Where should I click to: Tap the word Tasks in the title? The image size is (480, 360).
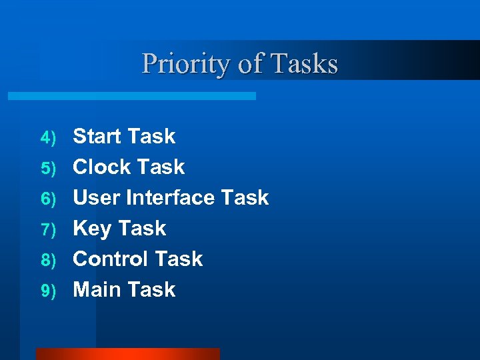pyautogui.click(x=304, y=65)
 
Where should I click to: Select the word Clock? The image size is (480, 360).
pyautogui.click(x=101, y=167)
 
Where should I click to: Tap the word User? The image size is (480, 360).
pyautogui.click(x=97, y=198)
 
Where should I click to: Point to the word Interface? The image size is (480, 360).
pyautogui.click(x=171, y=198)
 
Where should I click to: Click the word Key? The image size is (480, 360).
pyautogui.click(x=91, y=229)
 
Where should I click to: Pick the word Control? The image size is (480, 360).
pyautogui.click(x=111, y=259)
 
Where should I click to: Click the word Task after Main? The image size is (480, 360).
pyautogui.click(x=152, y=290)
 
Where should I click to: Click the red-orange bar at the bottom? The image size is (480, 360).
pyautogui.click(x=127, y=354)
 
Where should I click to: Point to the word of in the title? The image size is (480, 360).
pyautogui.click(x=250, y=65)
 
